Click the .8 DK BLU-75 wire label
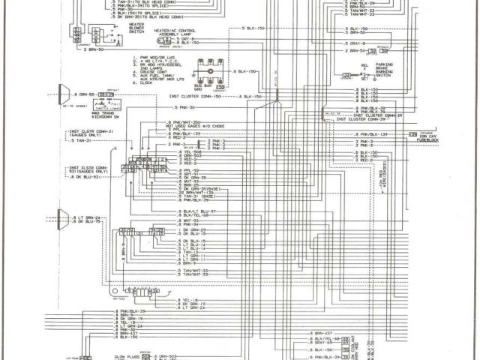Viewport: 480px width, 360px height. click(89, 223)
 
